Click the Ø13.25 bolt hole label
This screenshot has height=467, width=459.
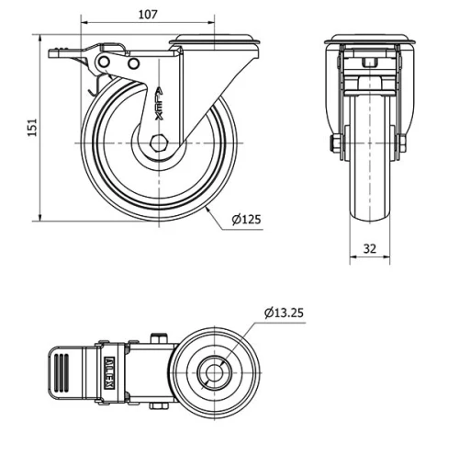click(284, 313)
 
